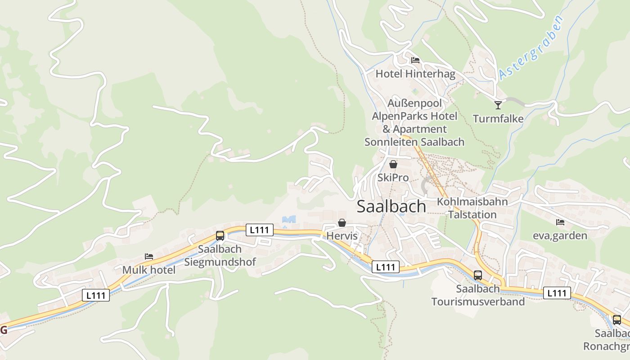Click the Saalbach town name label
391,206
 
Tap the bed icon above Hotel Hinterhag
415,60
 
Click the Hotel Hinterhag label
415,74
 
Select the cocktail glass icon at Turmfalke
498,105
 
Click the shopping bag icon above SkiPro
393,164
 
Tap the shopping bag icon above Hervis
342,223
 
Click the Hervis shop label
342,236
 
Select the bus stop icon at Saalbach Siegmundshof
220,235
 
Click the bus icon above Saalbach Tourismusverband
478,275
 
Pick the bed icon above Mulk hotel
149,256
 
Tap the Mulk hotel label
149,270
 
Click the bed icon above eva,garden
560,222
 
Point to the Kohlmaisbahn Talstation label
472,208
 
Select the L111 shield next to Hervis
260,230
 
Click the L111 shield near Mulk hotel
96,295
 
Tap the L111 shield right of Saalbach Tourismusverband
557,293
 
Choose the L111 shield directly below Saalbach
386,267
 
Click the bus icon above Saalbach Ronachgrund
617,320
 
